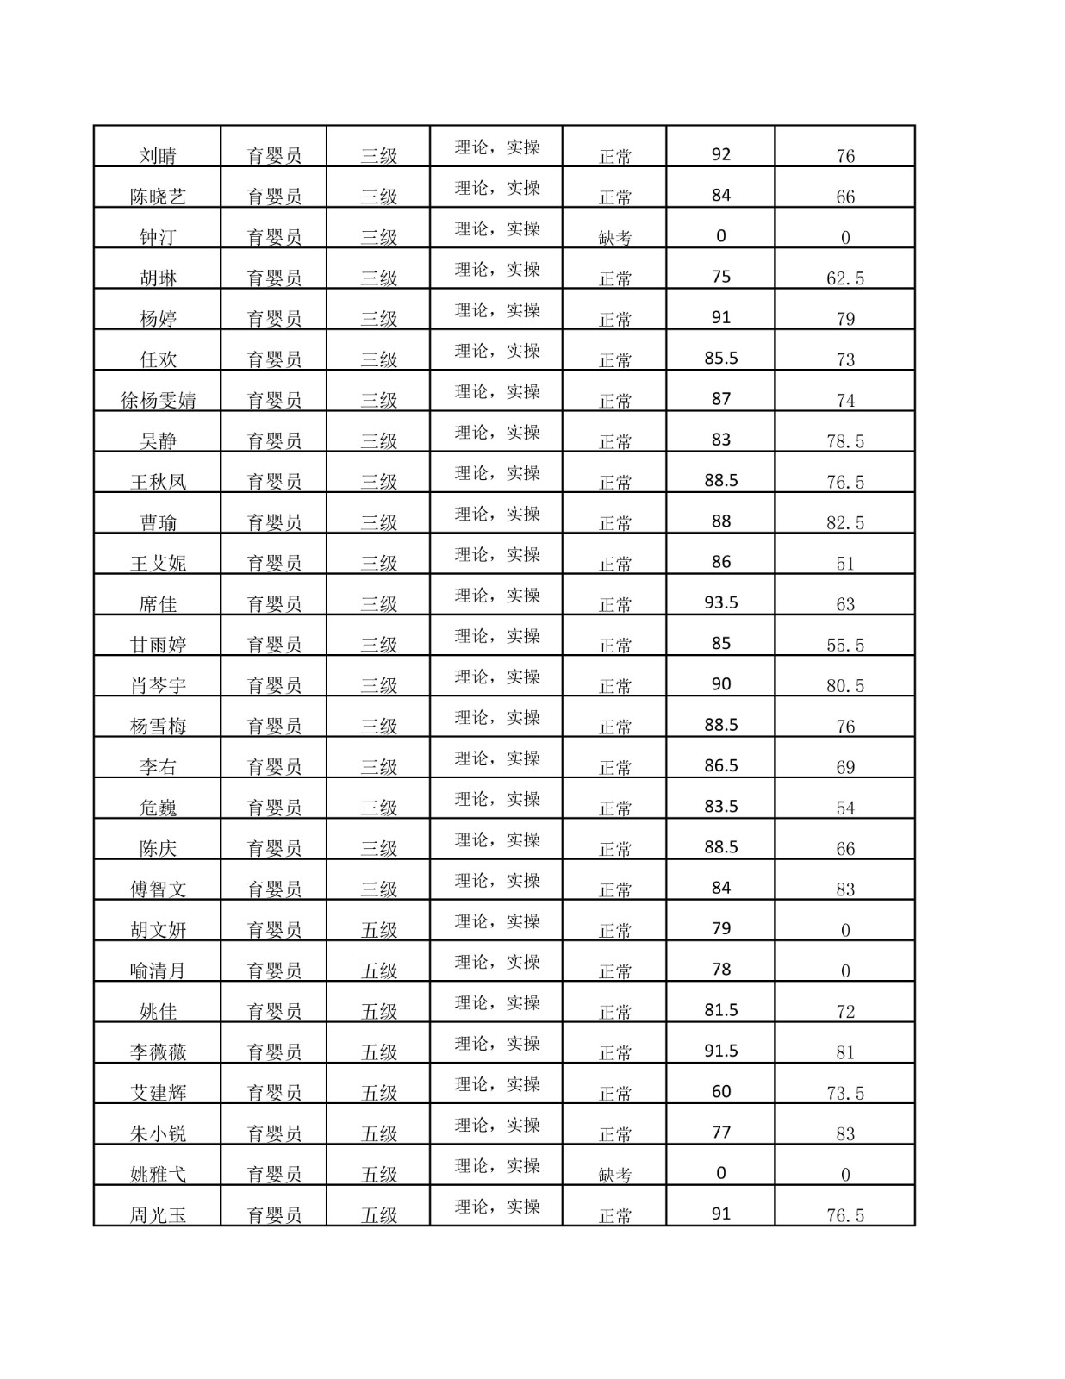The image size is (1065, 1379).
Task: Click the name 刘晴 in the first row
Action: click(158, 156)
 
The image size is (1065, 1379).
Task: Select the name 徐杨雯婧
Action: click(158, 400)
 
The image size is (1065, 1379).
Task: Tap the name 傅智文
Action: click(158, 889)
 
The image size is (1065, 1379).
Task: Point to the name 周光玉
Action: click(158, 1215)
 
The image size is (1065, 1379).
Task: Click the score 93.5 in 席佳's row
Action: click(720, 602)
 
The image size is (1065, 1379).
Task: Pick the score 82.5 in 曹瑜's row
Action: click(844, 523)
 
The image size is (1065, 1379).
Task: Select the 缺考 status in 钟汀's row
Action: click(614, 238)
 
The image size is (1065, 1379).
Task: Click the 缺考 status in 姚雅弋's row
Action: click(614, 1175)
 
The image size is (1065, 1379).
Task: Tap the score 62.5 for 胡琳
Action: click(844, 278)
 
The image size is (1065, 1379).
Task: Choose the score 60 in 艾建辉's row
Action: click(720, 1091)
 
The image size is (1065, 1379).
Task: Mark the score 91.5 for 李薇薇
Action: click(720, 1051)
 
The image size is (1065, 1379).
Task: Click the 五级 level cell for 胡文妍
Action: click(378, 930)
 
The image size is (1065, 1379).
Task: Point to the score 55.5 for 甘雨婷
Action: click(844, 646)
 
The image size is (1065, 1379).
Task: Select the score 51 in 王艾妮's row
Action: click(844, 564)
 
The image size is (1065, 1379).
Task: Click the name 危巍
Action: click(158, 808)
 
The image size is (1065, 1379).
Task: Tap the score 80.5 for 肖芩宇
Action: click(844, 686)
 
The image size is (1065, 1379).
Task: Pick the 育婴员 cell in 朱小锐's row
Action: click(274, 1133)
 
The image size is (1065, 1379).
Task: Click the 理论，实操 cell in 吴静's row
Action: click(497, 433)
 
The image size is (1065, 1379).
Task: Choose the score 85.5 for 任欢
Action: click(720, 358)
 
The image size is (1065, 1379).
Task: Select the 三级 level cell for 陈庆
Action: click(378, 848)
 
